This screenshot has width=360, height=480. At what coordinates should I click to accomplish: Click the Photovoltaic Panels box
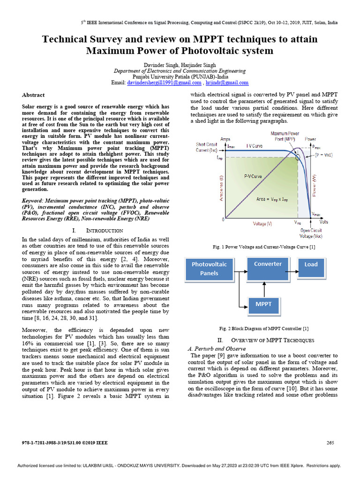click(x=209, y=269)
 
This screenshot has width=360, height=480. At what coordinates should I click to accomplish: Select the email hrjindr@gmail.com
click(x=228, y=82)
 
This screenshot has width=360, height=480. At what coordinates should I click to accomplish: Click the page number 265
click(x=330, y=442)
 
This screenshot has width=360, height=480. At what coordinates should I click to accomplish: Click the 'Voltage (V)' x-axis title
click(x=262, y=224)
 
